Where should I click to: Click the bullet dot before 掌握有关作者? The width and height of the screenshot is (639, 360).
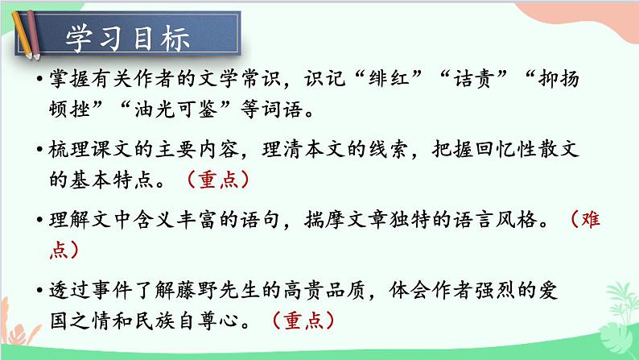(x=39, y=83)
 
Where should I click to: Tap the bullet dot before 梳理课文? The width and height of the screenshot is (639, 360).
(x=39, y=151)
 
